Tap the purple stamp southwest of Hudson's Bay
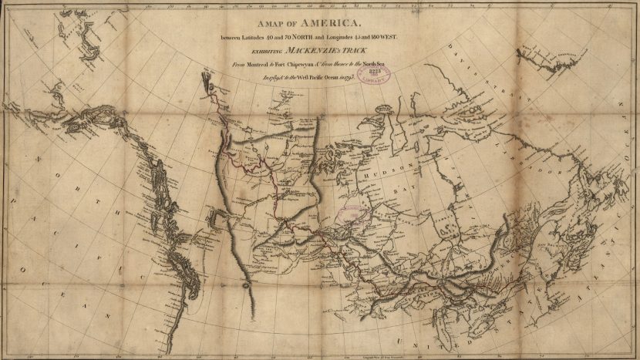click(353, 215)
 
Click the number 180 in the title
click(376, 39)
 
